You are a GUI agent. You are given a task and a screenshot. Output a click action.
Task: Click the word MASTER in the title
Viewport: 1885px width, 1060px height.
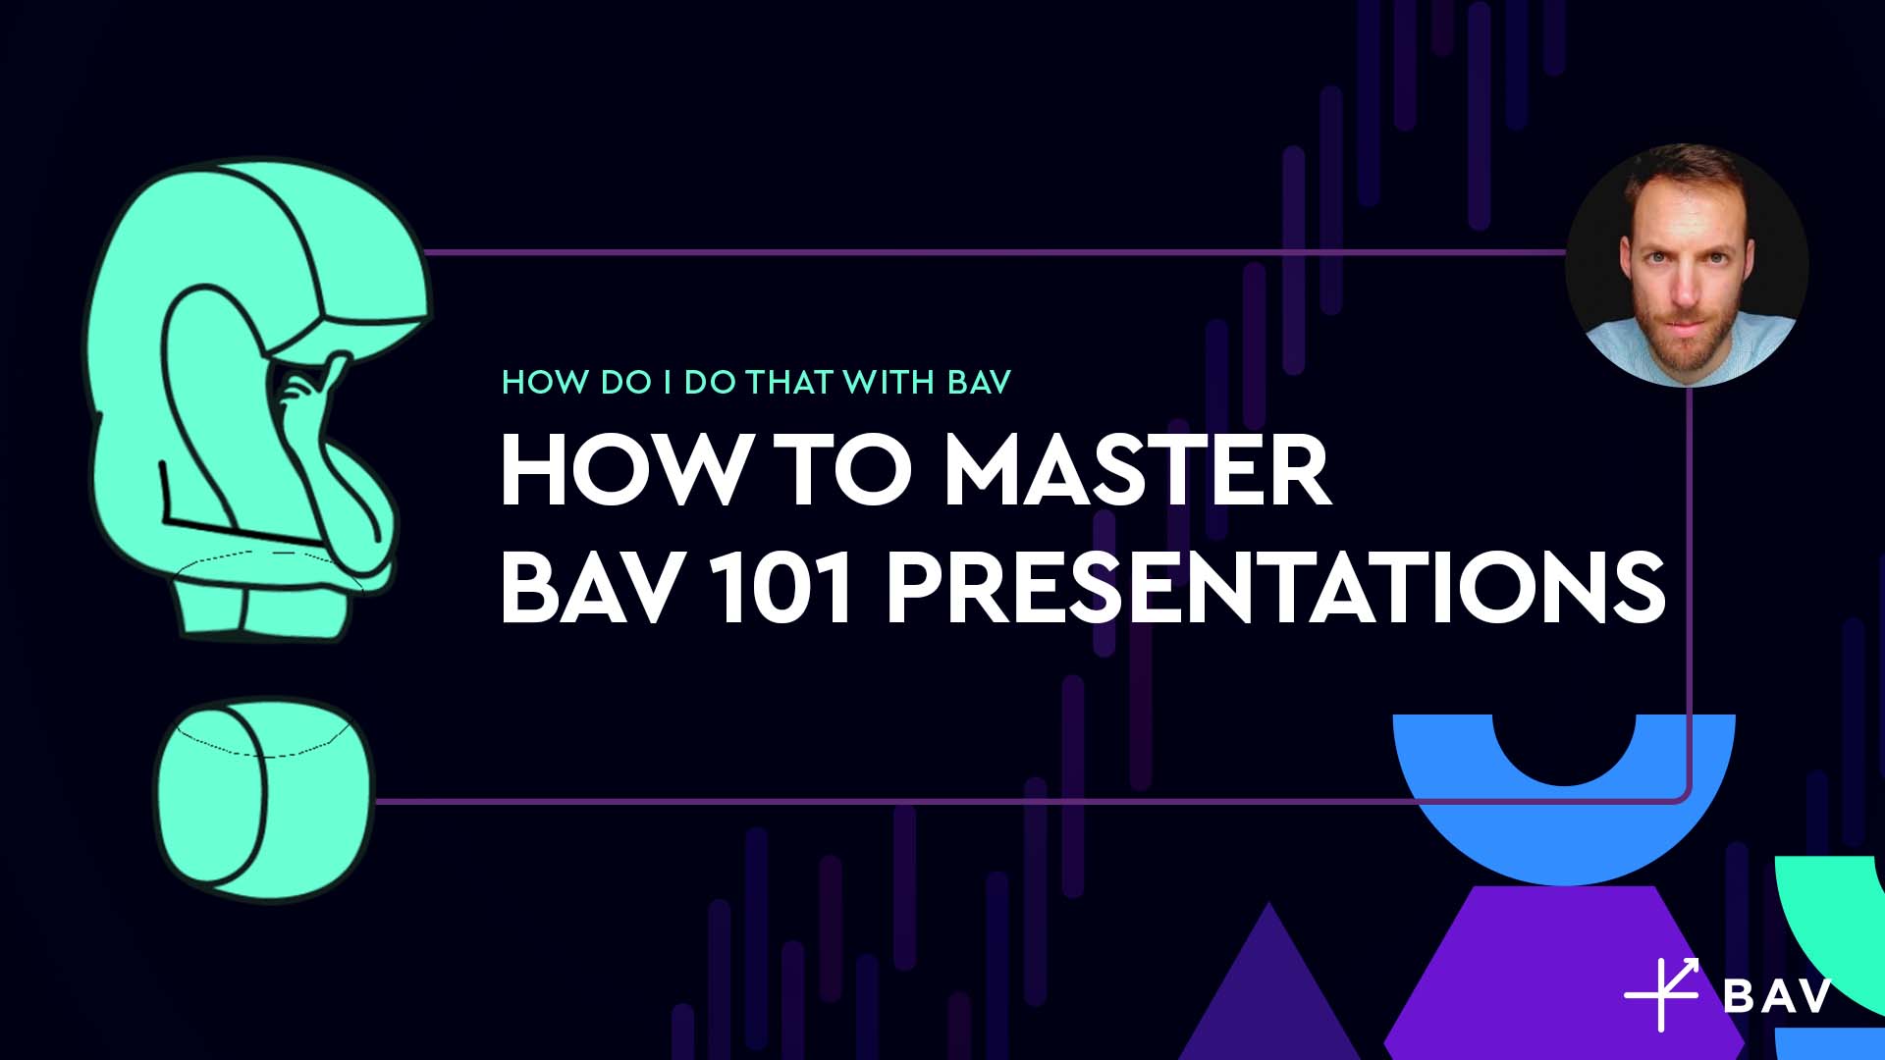1137,472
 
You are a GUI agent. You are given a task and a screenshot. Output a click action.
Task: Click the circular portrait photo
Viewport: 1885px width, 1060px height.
1687,266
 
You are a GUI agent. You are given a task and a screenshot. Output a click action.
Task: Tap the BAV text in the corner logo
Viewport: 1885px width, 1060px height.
1778,996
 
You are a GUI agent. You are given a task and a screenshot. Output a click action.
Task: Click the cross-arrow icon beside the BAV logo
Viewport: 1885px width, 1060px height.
1662,993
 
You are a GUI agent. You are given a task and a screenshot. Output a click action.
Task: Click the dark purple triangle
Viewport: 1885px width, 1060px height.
1269,991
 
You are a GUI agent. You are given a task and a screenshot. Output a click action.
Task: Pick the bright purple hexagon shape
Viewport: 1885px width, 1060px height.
1565,973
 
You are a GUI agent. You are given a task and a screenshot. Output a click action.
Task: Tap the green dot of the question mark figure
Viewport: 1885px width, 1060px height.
264,797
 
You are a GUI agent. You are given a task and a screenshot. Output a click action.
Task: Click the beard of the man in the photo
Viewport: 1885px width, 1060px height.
1685,339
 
